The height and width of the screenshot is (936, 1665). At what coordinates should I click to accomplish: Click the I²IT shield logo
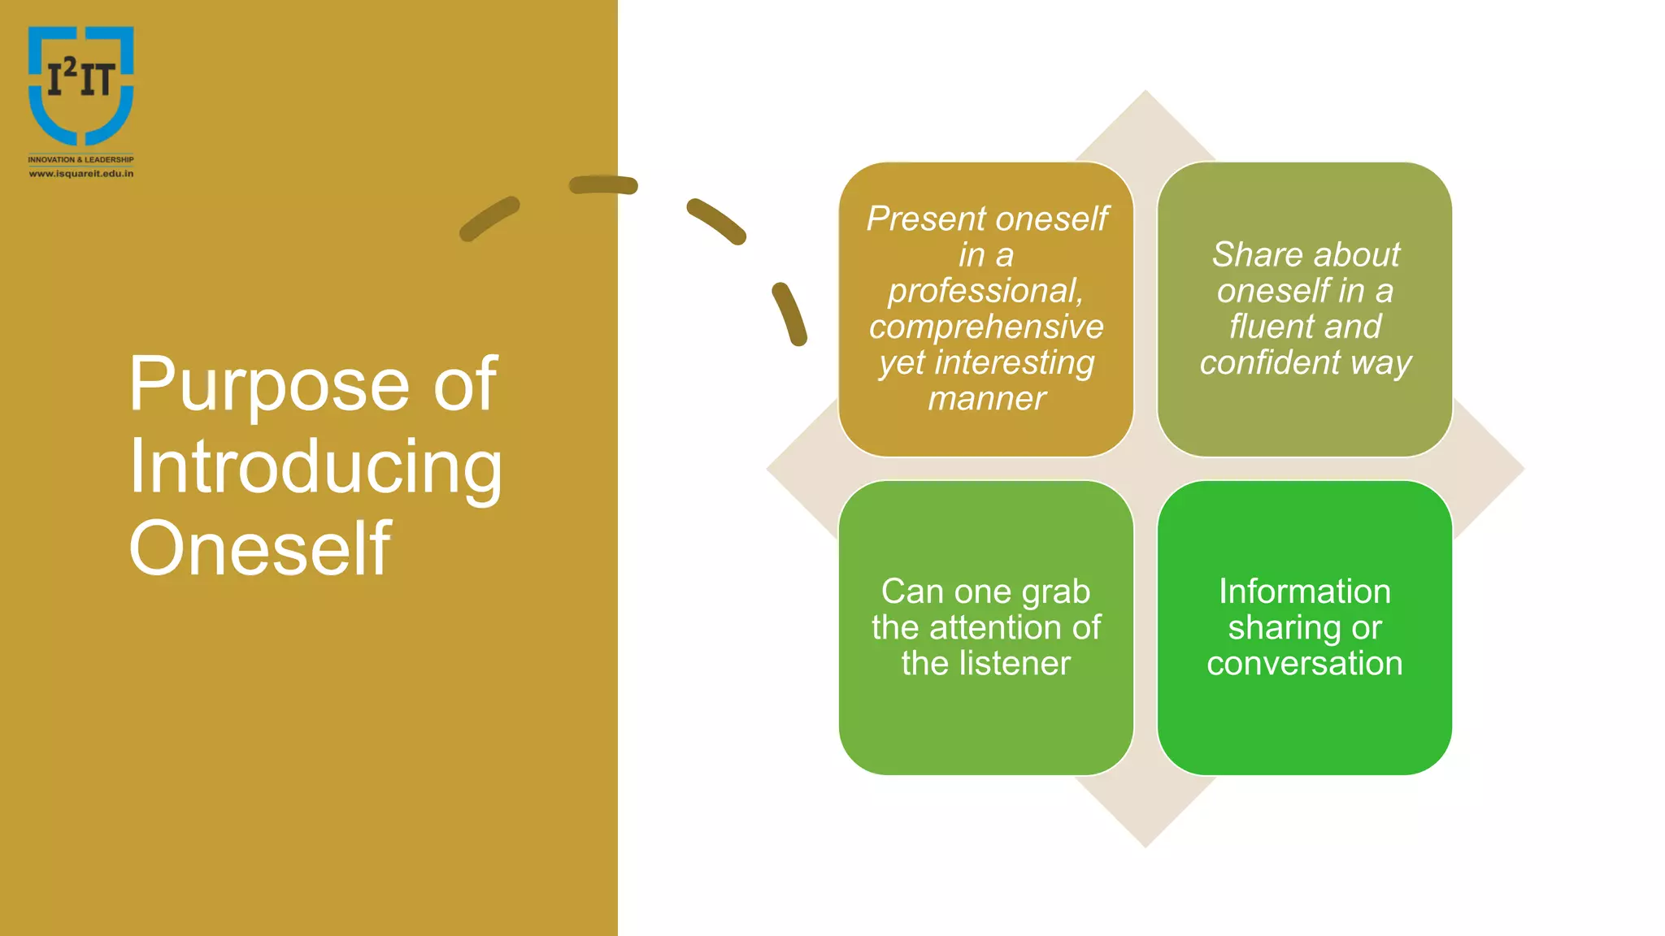[80, 84]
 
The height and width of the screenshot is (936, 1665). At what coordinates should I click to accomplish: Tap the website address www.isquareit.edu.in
[80, 173]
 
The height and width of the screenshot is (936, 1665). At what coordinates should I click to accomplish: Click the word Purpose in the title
[268, 385]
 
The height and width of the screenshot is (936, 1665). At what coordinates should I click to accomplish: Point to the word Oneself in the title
[259, 549]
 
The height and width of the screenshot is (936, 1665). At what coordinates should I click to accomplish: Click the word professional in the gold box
[985, 291]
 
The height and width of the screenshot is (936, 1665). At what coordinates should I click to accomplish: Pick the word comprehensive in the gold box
[986, 327]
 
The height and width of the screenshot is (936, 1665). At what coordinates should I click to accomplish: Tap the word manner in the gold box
[986, 398]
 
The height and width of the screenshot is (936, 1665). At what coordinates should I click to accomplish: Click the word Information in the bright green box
[1304, 591]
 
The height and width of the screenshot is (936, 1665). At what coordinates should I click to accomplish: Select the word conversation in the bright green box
[1304, 663]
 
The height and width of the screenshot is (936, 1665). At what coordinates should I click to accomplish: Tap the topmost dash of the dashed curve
[603, 185]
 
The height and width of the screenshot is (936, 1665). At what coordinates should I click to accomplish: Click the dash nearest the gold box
[789, 314]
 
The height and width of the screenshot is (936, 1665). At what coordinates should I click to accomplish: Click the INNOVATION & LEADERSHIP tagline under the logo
[80, 159]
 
